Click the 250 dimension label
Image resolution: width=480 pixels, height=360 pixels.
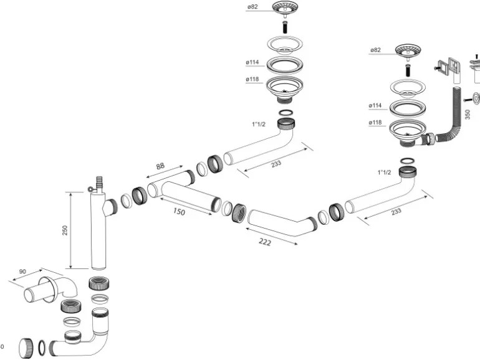pyautogui.click(x=65, y=230)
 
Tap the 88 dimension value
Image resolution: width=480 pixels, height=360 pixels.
pyautogui.click(x=160, y=167)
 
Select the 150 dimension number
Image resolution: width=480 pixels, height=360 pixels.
pyautogui.click(x=179, y=212)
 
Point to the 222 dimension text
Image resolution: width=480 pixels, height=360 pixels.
pyautogui.click(x=265, y=242)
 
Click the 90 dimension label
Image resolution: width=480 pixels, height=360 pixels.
pyautogui.click(x=22, y=272)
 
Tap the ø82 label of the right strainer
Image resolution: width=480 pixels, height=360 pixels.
pyautogui.click(x=375, y=50)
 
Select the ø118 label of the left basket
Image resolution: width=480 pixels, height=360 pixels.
pyautogui.click(x=252, y=79)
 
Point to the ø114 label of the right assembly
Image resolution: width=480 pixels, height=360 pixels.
pyautogui.click(x=375, y=106)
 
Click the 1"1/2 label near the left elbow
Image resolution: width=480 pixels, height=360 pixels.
pyautogui.click(x=258, y=125)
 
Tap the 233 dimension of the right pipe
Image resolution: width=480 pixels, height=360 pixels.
pyautogui.click(x=396, y=211)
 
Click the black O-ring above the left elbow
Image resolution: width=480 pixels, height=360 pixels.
pyautogui.click(x=286, y=113)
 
